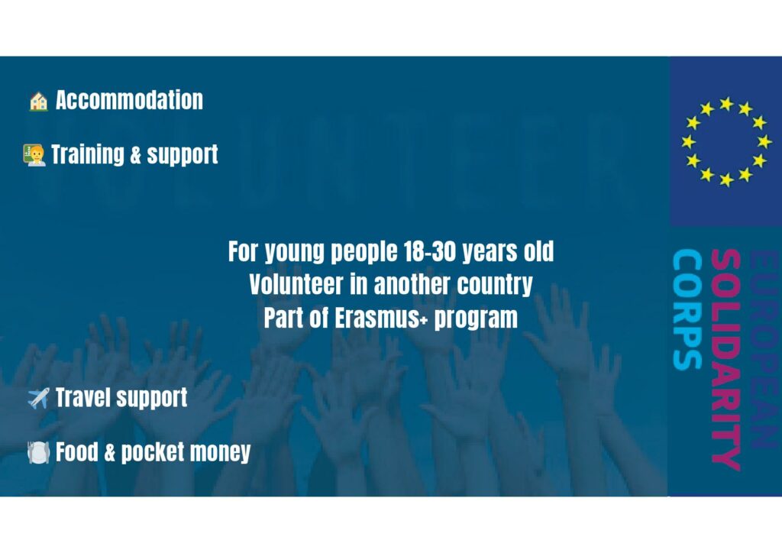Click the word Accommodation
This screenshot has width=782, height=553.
click(129, 100)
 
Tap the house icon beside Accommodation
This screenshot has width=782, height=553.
click(38, 102)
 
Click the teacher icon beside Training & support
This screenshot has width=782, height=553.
click(34, 155)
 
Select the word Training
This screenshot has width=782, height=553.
click(87, 154)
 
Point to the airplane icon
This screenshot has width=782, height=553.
click(38, 399)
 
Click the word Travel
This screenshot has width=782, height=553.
click(83, 397)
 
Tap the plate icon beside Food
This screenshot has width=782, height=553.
click(38, 452)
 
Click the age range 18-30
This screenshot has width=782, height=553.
click(429, 251)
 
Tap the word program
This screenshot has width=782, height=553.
click(476, 319)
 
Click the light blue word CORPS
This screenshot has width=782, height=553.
click(687, 309)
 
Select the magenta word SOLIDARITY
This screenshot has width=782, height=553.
click(725, 360)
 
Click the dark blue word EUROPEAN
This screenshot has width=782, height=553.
click(764, 349)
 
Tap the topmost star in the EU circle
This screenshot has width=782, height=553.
click(726, 104)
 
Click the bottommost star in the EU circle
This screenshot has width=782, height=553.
click(726, 179)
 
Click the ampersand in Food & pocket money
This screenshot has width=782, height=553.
click(110, 451)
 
